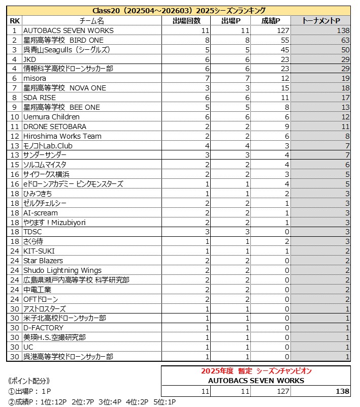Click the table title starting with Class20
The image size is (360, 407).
pyautogui.click(x=179, y=11)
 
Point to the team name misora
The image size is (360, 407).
pyautogui.click(x=35, y=78)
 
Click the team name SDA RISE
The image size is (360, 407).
pyautogui.click(x=40, y=98)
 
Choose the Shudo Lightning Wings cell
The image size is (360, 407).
pyautogui.click(x=62, y=270)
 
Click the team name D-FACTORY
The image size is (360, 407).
pyautogui.click(x=43, y=328)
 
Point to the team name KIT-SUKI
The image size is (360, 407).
pyautogui.click(x=39, y=251)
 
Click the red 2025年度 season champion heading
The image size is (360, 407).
pyautogui.click(x=256, y=371)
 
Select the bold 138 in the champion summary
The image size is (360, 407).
pyautogui.click(x=342, y=391)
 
